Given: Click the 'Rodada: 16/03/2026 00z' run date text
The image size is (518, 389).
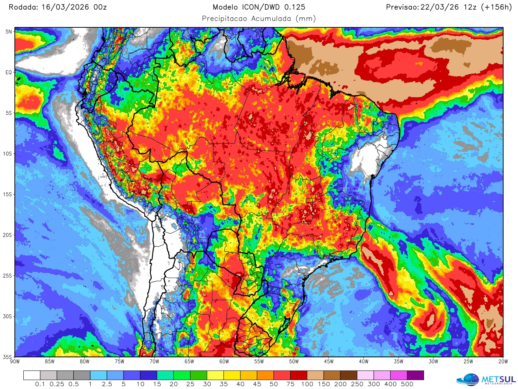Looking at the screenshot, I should click(x=58, y=7).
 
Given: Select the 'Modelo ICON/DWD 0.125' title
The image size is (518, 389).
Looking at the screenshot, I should click(x=259, y=7).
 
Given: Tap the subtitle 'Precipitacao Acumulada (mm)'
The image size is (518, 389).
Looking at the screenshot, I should click(x=259, y=18).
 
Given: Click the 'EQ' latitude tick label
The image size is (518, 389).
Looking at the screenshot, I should click(x=9, y=72).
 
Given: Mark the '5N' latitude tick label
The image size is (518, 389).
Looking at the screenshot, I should click(x=9, y=32).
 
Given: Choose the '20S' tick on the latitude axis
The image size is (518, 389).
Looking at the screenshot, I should click(x=8, y=235).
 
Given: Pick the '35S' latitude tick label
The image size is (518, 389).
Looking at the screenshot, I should click(x=8, y=357).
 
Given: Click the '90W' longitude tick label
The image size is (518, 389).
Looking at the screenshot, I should click(x=15, y=362).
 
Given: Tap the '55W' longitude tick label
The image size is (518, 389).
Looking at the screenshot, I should click(x=259, y=362).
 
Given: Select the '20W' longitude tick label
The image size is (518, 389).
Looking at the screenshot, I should click(x=503, y=362).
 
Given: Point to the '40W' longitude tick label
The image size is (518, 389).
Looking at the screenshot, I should click(x=363, y=362).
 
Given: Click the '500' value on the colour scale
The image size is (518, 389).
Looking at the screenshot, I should click(x=407, y=384).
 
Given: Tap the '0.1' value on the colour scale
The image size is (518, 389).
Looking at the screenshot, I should click(x=40, y=384).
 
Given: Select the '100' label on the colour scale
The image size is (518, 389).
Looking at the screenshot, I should click(x=307, y=384).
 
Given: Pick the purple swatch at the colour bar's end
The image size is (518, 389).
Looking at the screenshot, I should click(x=415, y=375).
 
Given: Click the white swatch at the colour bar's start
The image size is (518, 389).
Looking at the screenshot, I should click(x=31, y=375).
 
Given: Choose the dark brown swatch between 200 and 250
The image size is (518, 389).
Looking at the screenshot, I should click(x=349, y=375).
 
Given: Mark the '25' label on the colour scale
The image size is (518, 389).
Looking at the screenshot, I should click(x=190, y=384).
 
